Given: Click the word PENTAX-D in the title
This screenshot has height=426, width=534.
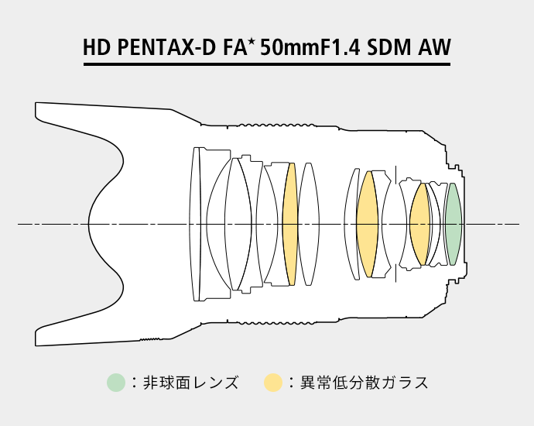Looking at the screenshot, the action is tap(166, 47).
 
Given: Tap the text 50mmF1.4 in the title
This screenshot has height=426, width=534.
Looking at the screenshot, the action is tap(310, 47).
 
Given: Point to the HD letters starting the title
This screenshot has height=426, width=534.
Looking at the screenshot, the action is tap(97, 47).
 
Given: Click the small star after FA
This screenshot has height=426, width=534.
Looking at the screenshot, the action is tap(252, 43).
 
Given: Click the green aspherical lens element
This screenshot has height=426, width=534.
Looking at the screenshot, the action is tap(454, 224).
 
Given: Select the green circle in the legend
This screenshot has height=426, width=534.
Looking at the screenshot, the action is tap(116, 383).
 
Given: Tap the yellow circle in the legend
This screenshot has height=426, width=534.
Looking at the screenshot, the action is tap(273, 383).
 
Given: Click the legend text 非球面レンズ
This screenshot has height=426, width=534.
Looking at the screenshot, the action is tap(190, 383).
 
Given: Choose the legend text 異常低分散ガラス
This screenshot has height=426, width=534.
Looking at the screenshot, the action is tap(364, 383).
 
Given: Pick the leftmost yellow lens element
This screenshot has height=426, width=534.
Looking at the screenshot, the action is tap(290, 224).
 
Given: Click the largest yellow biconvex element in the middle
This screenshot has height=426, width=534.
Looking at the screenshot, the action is tap(367, 224).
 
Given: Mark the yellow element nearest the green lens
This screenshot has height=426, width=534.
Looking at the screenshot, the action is tap(419, 224).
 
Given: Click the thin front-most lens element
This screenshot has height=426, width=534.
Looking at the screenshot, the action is tap(195, 224).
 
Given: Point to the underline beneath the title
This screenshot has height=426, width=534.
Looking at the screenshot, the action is tap(267, 64).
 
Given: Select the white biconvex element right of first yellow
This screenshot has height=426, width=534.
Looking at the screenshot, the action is tap(309, 224).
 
